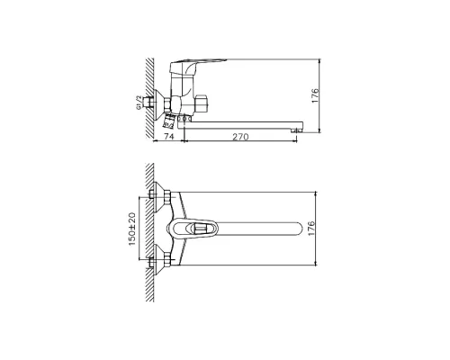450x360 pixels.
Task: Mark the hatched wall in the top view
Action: (x=148, y=230)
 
